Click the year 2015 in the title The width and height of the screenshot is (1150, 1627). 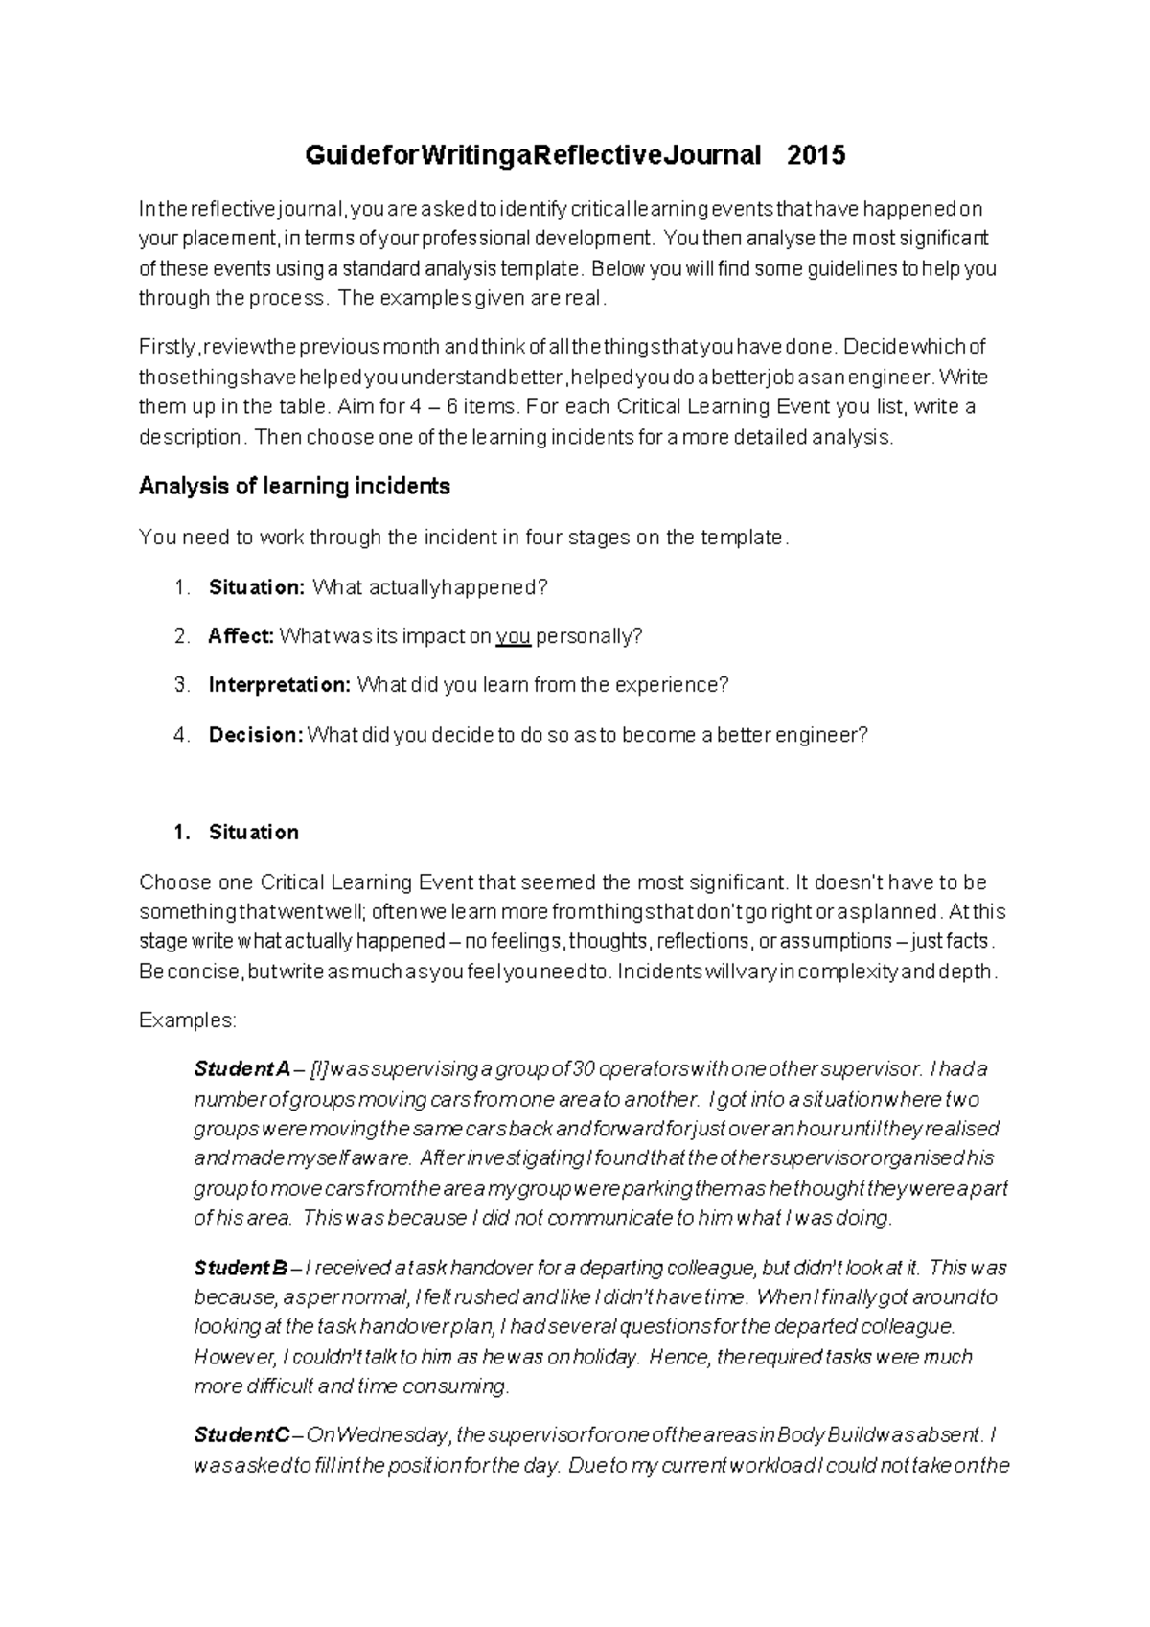pos(816,155)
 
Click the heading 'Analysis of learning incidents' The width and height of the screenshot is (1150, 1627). pos(294,487)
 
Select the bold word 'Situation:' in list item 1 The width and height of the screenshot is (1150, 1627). pos(256,587)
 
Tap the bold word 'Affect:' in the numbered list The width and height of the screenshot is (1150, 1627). pos(241,636)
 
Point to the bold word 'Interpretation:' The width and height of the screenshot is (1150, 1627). pos(280,685)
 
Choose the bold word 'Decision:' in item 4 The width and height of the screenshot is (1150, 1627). pos(256,735)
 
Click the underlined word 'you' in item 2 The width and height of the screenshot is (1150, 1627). pos(514,636)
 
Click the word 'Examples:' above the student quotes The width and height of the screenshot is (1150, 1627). pos(188,1020)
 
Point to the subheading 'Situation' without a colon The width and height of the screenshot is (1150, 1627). pos(253,832)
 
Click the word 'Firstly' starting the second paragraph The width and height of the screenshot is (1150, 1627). pos(167,346)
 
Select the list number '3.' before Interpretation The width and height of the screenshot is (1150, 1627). pos(183,685)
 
